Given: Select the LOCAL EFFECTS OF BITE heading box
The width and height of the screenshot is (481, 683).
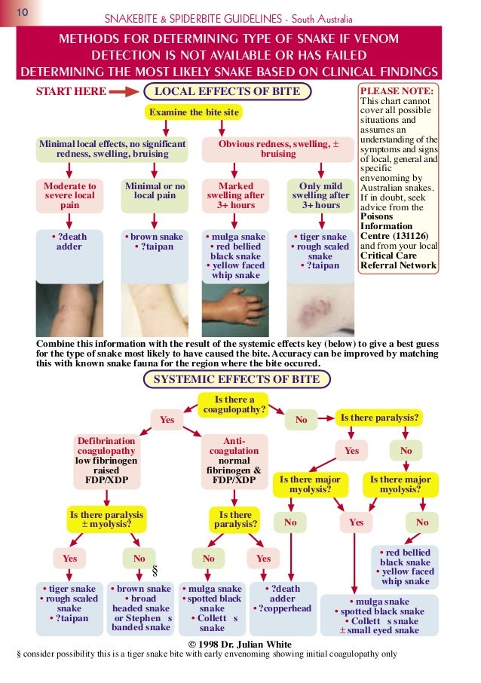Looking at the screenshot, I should (x=227, y=92).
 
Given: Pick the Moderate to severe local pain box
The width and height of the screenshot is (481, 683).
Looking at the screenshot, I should (x=70, y=195).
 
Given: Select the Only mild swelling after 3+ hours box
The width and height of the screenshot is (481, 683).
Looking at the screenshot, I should (x=320, y=195).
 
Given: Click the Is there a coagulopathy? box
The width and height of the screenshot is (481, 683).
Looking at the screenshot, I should (x=234, y=405).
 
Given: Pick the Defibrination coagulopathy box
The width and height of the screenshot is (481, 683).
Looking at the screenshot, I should (x=106, y=460).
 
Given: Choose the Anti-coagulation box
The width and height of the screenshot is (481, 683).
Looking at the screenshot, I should (x=234, y=460).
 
